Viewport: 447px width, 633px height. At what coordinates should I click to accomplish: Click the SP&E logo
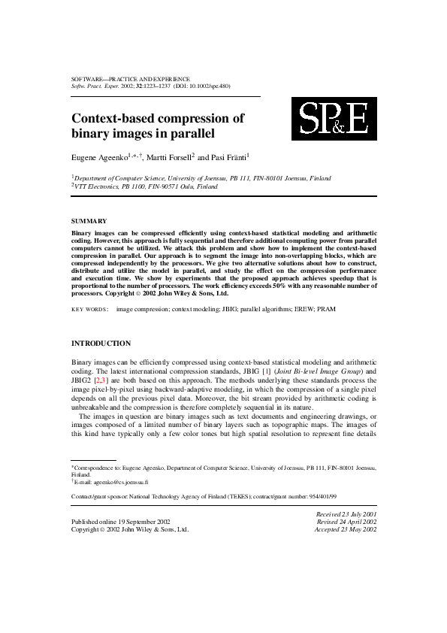click(x=334, y=119)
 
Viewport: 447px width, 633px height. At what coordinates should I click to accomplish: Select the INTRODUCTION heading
click(x=101, y=344)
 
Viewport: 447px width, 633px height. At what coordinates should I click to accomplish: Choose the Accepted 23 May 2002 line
click(x=346, y=529)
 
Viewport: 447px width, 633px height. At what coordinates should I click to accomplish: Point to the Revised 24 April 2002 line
click(x=346, y=521)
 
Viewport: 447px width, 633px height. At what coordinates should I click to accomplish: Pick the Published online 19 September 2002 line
click(x=120, y=521)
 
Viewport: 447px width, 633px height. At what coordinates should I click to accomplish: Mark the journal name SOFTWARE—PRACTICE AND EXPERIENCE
click(x=130, y=78)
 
